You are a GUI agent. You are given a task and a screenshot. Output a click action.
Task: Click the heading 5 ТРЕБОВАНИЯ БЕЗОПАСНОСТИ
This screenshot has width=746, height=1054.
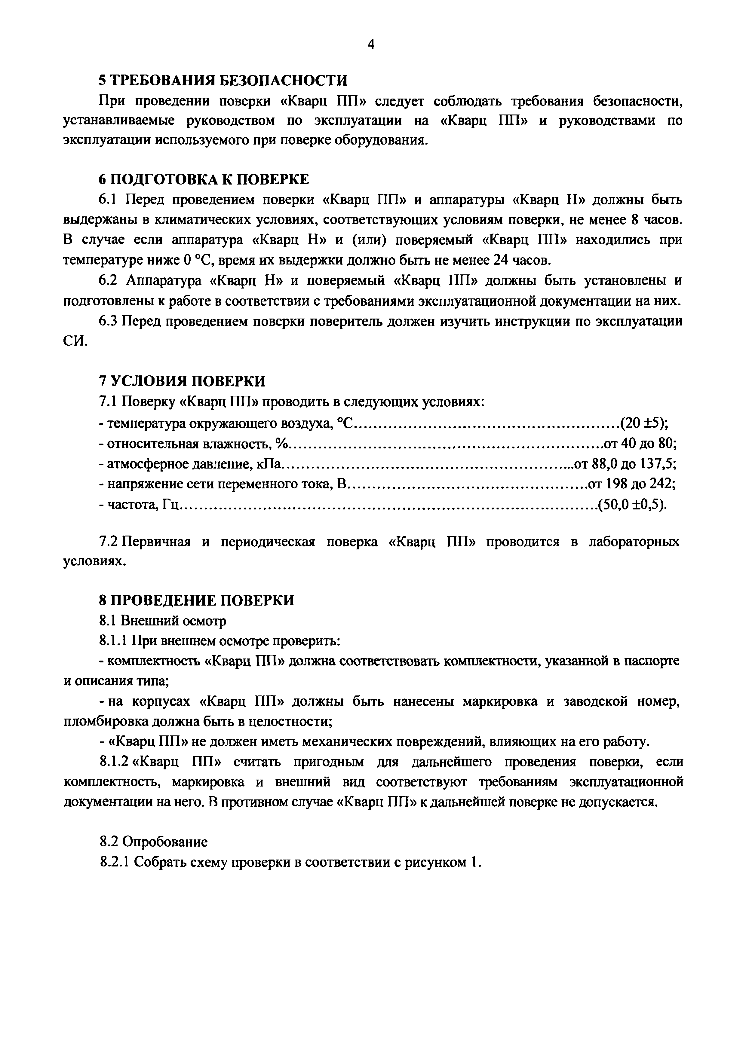223,80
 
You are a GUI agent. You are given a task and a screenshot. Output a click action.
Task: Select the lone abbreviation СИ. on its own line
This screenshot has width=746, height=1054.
74,341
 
